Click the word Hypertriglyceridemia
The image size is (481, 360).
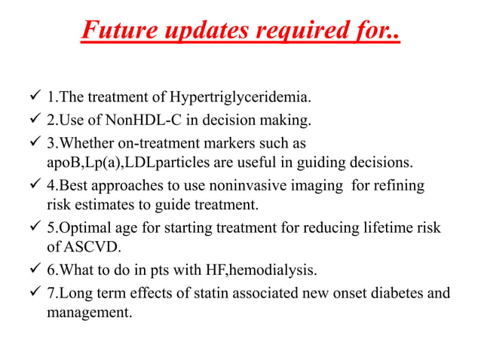click(x=240, y=97)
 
